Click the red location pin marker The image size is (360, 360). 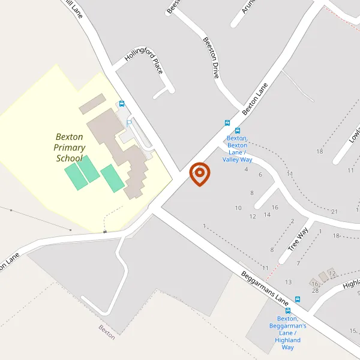click(x=200, y=175)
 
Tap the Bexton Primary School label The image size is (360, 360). click(x=70, y=148)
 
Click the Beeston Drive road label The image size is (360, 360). click(x=210, y=58)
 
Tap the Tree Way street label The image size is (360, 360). click(x=298, y=239)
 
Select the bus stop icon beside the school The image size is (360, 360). click(x=122, y=104)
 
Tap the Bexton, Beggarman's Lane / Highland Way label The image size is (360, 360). click(x=288, y=332)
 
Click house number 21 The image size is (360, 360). click(x=334, y=211)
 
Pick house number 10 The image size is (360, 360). click(x=238, y=208)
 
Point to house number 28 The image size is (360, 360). click(x=314, y=290)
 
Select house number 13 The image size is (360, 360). click(x=288, y=281)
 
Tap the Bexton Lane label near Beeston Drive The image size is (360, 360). click(x=254, y=98)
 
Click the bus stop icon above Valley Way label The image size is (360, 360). click(x=238, y=131)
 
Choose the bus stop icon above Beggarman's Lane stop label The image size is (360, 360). click(x=288, y=311)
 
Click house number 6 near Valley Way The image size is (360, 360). click(x=260, y=174)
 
